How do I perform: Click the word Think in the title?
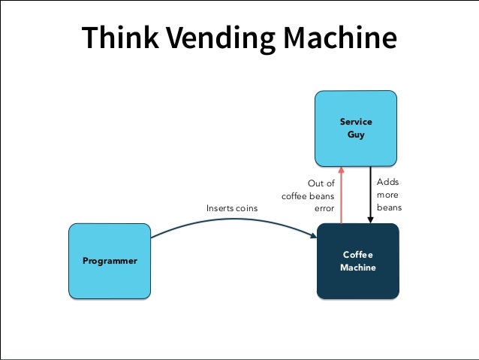click(x=120, y=38)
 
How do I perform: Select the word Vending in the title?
click(x=221, y=40)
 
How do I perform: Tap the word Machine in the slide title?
click(x=340, y=38)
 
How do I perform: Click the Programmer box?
click(x=110, y=261)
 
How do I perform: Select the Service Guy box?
click(x=356, y=129)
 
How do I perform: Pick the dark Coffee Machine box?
click(x=358, y=261)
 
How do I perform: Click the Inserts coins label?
click(x=232, y=208)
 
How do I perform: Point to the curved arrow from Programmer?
click(x=233, y=219)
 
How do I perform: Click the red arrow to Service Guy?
click(x=341, y=195)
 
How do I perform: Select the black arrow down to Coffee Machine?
click(x=371, y=195)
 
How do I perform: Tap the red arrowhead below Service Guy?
click(x=341, y=170)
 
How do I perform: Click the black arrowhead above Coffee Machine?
click(x=371, y=220)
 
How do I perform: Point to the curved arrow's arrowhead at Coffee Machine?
click(x=313, y=235)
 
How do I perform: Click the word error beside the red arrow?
click(x=324, y=209)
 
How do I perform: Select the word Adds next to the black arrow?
click(x=387, y=182)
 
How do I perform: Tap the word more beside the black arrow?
click(x=387, y=195)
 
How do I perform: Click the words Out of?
click(x=321, y=183)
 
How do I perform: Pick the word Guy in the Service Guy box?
click(x=356, y=135)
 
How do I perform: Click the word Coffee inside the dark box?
click(x=357, y=255)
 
